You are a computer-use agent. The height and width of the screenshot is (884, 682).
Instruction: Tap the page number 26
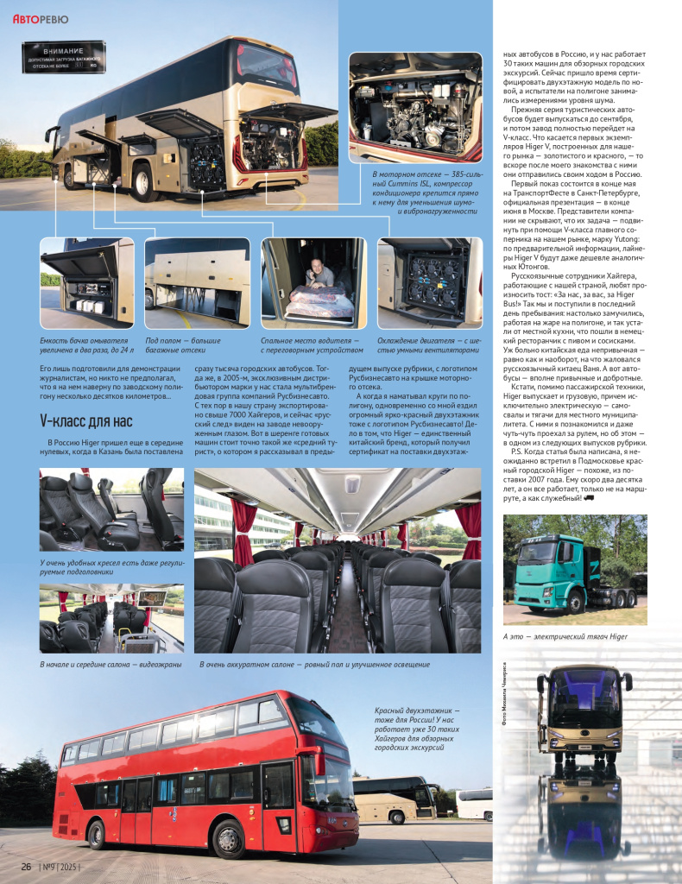(x=27, y=866)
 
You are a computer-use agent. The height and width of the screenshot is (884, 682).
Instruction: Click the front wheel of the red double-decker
(x=227, y=838)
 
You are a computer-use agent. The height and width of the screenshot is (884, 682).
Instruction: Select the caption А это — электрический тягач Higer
(x=565, y=636)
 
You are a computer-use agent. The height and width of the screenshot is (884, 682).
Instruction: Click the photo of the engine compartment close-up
(x=414, y=107)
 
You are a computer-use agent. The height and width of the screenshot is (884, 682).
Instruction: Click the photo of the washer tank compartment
(x=86, y=282)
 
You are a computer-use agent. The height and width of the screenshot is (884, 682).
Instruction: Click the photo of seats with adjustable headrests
(x=111, y=508)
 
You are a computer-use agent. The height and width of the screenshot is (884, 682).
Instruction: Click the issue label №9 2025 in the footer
(x=61, y=866)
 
